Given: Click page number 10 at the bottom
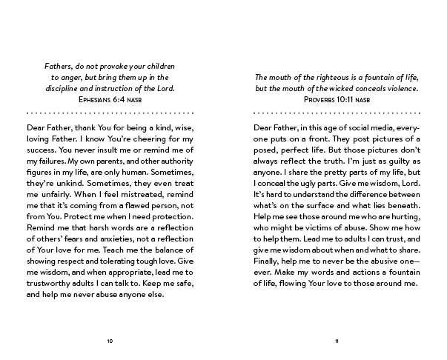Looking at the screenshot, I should [110, 341].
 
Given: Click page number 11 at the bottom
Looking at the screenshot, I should [337, 341].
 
